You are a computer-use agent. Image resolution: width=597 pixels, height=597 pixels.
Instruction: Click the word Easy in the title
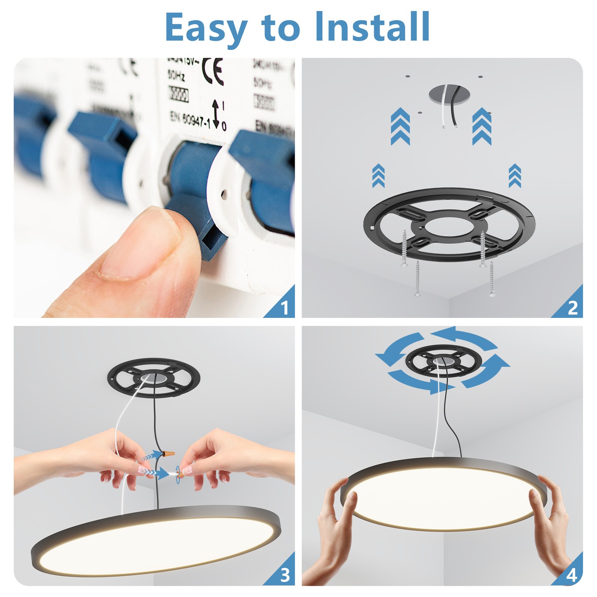pyautogui.click(x=206, y=28)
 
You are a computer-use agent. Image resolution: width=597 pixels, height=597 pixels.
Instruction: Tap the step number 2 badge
pyautogui.click(x=572, y=308)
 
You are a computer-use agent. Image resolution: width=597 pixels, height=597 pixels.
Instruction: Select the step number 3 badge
pyautogui.click(x=285, y=576)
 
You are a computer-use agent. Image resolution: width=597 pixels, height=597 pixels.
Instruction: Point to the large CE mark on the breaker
pyautogui.click(x=213, y=71)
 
